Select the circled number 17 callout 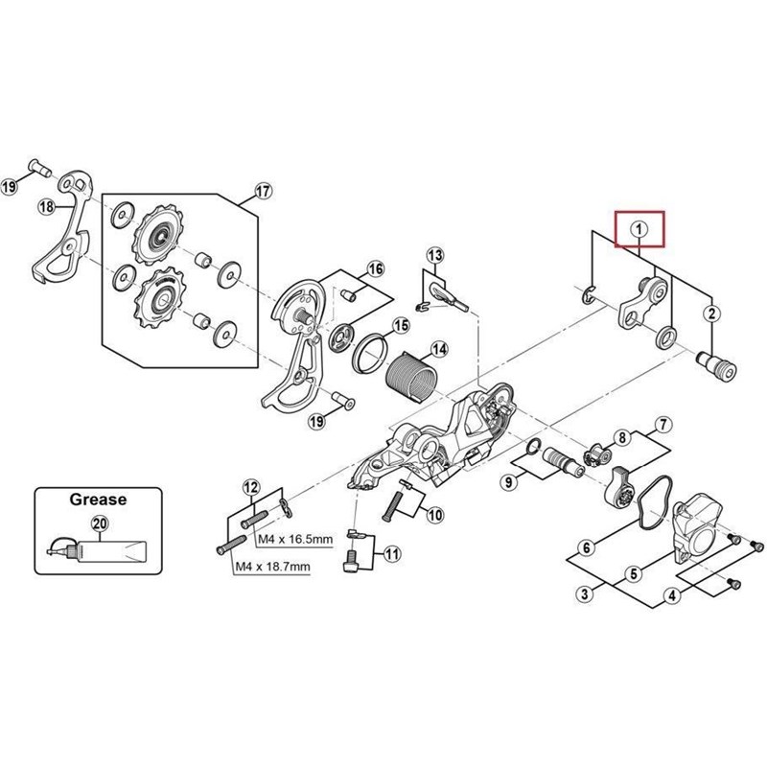click(x=263, y=192)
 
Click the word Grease click(x=96, y=500)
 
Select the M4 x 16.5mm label click(x=295, y=540)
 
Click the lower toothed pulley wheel click(x=155, y=293)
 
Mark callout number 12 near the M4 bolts click(x=250, y=487)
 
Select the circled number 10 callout click(x=434, y=515)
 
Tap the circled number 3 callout click(x=582, y=594)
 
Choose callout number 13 click(x=436, y=254)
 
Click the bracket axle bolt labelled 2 click(x=715, y=364)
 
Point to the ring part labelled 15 click(x=375, y=356)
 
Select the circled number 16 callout click(x=375, y=267)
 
